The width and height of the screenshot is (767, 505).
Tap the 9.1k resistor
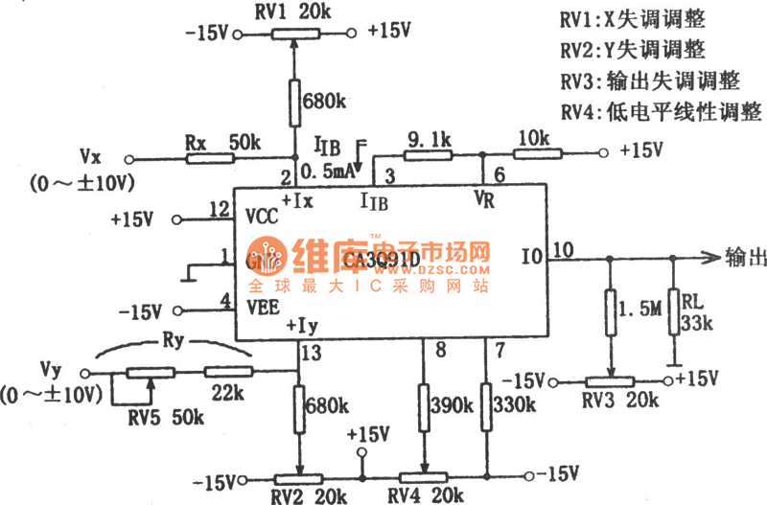(x=428, y=151)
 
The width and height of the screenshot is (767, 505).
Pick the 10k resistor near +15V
(x=531, y=151)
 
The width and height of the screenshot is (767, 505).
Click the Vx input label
(x=92, y=156)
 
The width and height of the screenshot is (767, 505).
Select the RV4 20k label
(x=422, y=494)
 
